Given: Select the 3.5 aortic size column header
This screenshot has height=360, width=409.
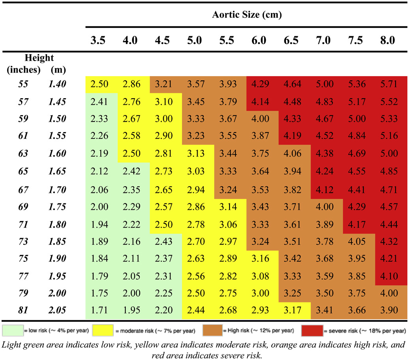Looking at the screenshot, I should click(97, 40).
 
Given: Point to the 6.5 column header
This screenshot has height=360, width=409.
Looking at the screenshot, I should click(291, 40).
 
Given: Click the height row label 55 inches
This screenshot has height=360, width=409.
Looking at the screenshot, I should click(25, 84).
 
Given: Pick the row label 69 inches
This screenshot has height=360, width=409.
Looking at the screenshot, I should click(25, 206).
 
